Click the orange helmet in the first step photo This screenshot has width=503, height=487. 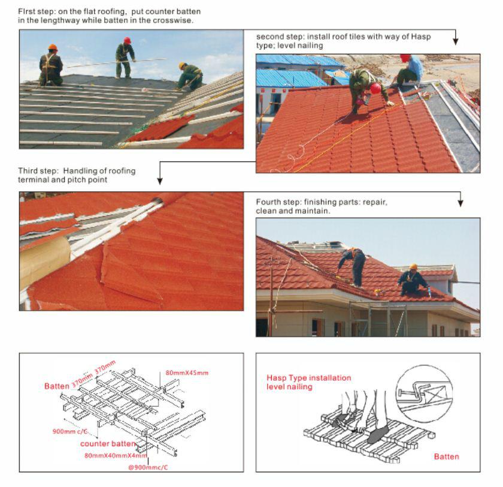(53, 48)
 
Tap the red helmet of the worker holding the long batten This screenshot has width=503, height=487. (127, 41)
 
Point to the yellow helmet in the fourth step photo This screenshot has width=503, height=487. (413, 266)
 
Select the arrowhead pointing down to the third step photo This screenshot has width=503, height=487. (160, 181)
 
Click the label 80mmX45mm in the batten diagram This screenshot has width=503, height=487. (187, 373)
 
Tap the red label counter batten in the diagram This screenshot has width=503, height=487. (107, 444)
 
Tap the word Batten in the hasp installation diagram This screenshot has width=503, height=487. (446, 457)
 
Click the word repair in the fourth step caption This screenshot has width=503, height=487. (375, 202)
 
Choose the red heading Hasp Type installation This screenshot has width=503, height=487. (308, 378)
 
